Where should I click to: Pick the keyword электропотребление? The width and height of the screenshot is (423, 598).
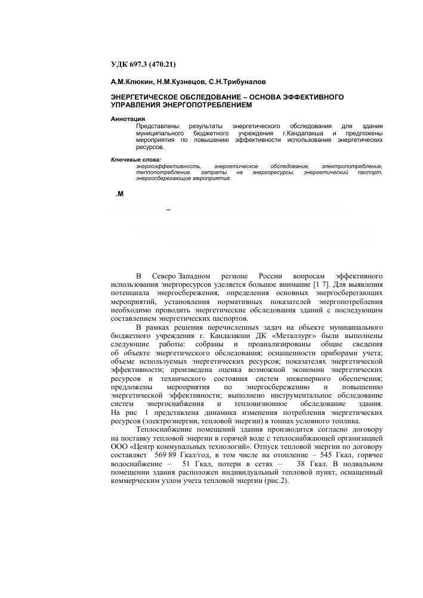(x=351, y=165)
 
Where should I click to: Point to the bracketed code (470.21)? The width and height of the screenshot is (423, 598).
(x=164, y=64)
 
